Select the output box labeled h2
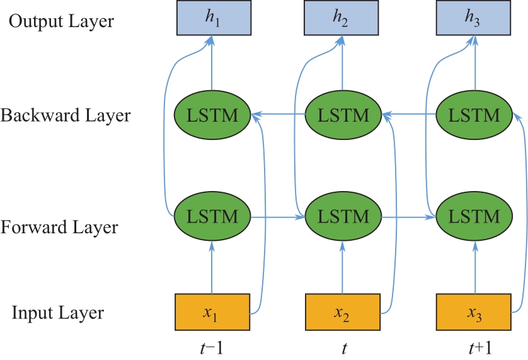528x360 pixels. click(342, 18)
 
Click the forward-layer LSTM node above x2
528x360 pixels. click(342, 216)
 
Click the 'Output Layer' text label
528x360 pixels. click(62, 21)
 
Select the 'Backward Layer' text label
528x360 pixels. click(66, 116)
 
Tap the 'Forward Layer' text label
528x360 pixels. click(60, 227)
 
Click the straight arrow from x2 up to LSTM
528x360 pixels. click(342, 270)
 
